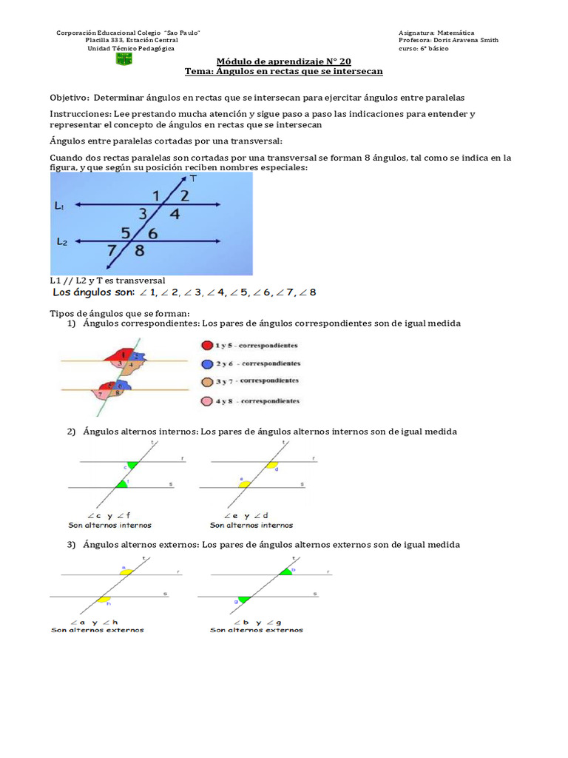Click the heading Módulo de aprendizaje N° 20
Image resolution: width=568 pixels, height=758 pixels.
click(283, 61)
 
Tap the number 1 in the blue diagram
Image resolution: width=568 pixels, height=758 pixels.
click(155, 195)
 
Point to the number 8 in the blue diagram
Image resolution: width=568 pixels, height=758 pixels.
click(139, 250)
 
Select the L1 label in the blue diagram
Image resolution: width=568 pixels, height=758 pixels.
click(59, 207)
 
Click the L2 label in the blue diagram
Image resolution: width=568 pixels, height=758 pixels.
click(62, 241)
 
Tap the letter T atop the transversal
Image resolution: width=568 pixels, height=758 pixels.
click(193, 178)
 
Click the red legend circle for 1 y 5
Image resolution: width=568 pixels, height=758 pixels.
click(206, 345)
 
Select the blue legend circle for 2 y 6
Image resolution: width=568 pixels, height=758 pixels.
click(206, 363)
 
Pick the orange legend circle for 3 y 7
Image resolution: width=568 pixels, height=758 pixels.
click(206, 382)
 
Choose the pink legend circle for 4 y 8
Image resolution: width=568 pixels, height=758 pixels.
click(206, 401)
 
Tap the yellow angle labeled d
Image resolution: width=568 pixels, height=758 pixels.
click(271, 466)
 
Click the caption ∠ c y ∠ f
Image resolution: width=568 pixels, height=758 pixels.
click(109, 515)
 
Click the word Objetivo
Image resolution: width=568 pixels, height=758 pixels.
click(69, 98)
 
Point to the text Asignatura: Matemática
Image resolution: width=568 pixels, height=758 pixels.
click(436, 33)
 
